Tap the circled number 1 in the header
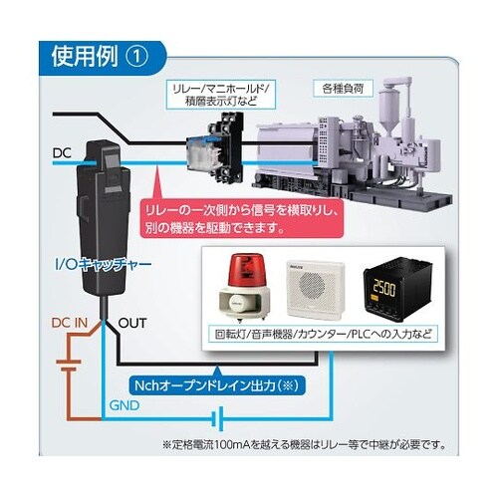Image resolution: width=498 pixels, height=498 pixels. (x=138, y=56)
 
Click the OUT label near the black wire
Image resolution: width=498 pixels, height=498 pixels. (x=132, y=324)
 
